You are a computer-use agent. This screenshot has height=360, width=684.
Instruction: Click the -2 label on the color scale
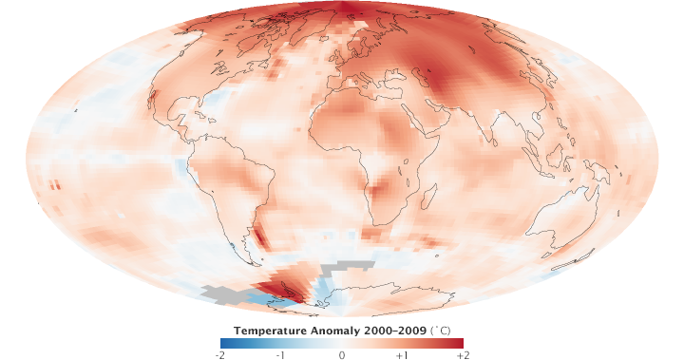click(x=220, y=353)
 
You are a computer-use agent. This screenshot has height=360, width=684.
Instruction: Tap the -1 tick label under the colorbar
click(x=280, y=353)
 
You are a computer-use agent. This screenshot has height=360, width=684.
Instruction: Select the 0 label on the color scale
click(x=342, y=353)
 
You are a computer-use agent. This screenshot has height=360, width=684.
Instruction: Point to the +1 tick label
click(x=402, y=353)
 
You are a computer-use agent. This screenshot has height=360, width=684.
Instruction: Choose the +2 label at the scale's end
click(x=463, y=353)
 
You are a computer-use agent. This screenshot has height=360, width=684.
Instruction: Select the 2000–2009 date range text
click(x=395, y=331)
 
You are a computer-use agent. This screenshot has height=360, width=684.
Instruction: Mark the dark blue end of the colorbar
click(x=224, y=342)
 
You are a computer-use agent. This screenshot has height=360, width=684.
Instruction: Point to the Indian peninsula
click(x=495, y=130)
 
